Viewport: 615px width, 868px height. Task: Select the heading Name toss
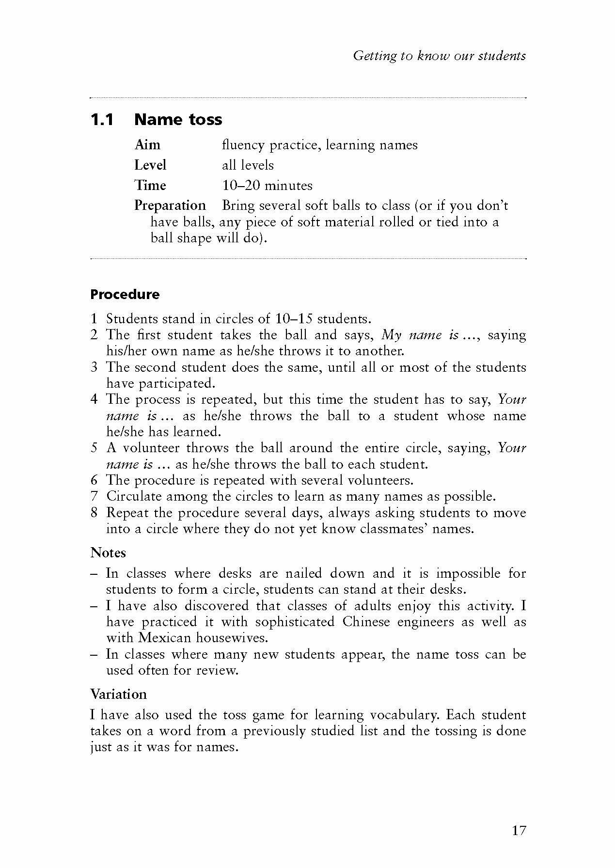coord(178,119)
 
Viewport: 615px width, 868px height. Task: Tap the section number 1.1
coord(102,119)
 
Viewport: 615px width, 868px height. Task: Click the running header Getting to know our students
coord(439,56)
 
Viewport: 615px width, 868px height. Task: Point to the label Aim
coord(147,145)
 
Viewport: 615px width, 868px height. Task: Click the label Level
coord(150,165)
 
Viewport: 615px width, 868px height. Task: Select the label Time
coord(150,185)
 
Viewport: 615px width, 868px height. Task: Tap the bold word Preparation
coord(170,205)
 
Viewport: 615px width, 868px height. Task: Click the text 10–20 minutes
coord(267,185)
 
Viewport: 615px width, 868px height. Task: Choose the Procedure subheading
coord(125,294)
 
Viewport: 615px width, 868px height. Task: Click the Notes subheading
coord(108,553)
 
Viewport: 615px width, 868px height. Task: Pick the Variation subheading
coord(118,694)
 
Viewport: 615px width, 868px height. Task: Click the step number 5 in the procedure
coord(94,448)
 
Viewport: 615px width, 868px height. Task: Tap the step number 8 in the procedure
coord(94,513)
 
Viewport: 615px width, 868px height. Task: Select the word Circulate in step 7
coord(134,497)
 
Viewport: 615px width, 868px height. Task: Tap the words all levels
coord(248,165)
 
